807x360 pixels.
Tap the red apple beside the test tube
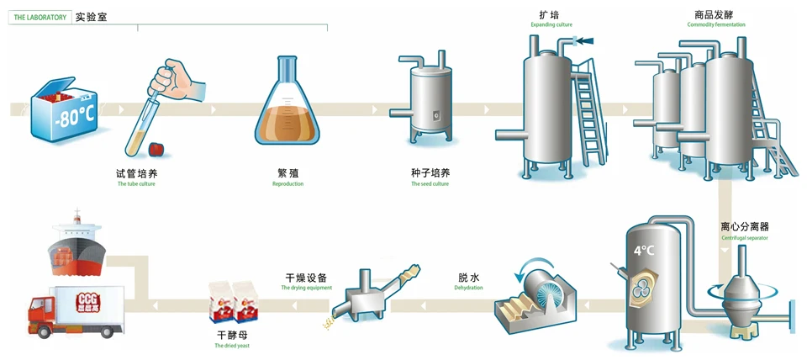[x=156, y=149]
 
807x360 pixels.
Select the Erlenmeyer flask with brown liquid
[x=288, y=110]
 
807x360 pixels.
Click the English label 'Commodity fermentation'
[x=715, y=24]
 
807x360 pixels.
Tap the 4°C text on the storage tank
[x=643, y=250]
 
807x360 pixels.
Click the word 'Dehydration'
[x=469, y=288]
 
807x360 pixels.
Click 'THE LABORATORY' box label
[x=40, y=17]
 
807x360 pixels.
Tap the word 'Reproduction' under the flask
[x=287, y=183]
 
